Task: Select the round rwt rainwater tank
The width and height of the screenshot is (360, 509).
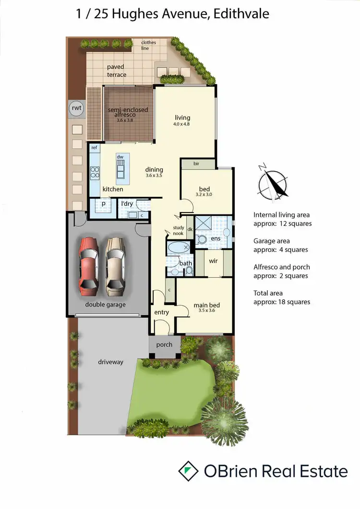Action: (76, 108)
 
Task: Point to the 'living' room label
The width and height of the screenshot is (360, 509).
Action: (182, 118)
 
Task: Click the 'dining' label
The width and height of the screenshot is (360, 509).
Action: (155, 169)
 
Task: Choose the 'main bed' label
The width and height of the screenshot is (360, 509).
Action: (207, 305)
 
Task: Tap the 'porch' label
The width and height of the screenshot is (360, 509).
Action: (164, 344)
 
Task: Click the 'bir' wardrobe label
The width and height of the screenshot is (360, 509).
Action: (196, 164)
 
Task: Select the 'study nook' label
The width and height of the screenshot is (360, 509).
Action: (179, 231)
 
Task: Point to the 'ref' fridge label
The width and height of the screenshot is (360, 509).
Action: (95, 148)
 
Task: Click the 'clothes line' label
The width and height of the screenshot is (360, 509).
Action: (149, 46)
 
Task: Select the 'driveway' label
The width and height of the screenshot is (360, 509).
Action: (110, 362)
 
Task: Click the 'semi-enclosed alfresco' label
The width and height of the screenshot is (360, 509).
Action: (128, 112)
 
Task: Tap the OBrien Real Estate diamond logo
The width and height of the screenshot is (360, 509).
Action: (188, 471)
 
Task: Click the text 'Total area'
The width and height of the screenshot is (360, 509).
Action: (268, 293)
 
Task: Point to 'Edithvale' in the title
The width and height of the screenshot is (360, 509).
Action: (241, 13)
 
